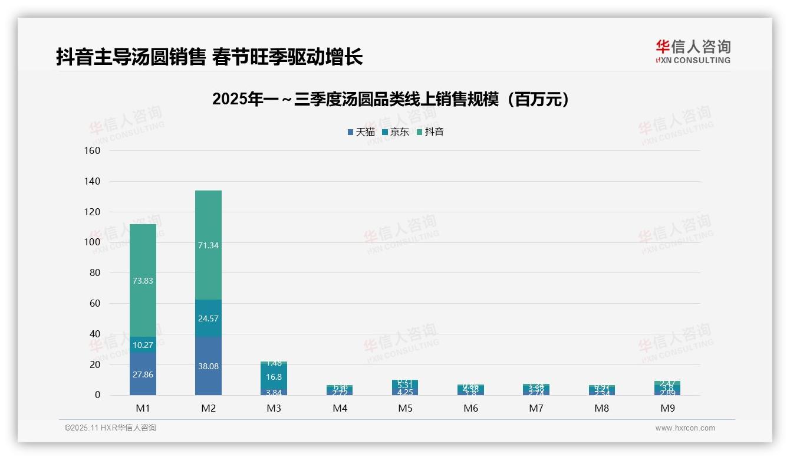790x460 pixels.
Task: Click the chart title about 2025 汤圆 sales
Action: (x=391, y=99)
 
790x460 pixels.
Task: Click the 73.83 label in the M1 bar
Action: (x=143, y=281)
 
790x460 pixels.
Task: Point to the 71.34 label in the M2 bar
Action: (x=208, y=245)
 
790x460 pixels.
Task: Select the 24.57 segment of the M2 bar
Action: (x=208, y=318)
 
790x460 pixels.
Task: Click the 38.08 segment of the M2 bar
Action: (x=208, y=366)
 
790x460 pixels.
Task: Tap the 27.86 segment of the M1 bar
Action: (x=143, y=374)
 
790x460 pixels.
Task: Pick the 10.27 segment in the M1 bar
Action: (x=143, y=344)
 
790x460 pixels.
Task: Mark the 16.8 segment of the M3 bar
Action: (x=274, y=377)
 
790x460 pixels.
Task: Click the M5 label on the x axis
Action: (x=405, y=408)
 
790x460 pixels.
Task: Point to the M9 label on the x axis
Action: (x=667, y=408)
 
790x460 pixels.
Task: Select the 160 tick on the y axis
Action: (x=93, y=150)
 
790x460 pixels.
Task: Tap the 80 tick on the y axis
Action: (x=95, y=273)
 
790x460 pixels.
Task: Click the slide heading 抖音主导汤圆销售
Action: (x=209, y=57)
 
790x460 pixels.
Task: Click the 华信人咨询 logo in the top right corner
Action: (x=693, y=51)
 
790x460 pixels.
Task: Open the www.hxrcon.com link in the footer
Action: (x=685, y=428)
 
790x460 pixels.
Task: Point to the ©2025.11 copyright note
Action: (x=110, y=428)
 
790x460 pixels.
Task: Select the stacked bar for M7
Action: (x=536, y=389)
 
